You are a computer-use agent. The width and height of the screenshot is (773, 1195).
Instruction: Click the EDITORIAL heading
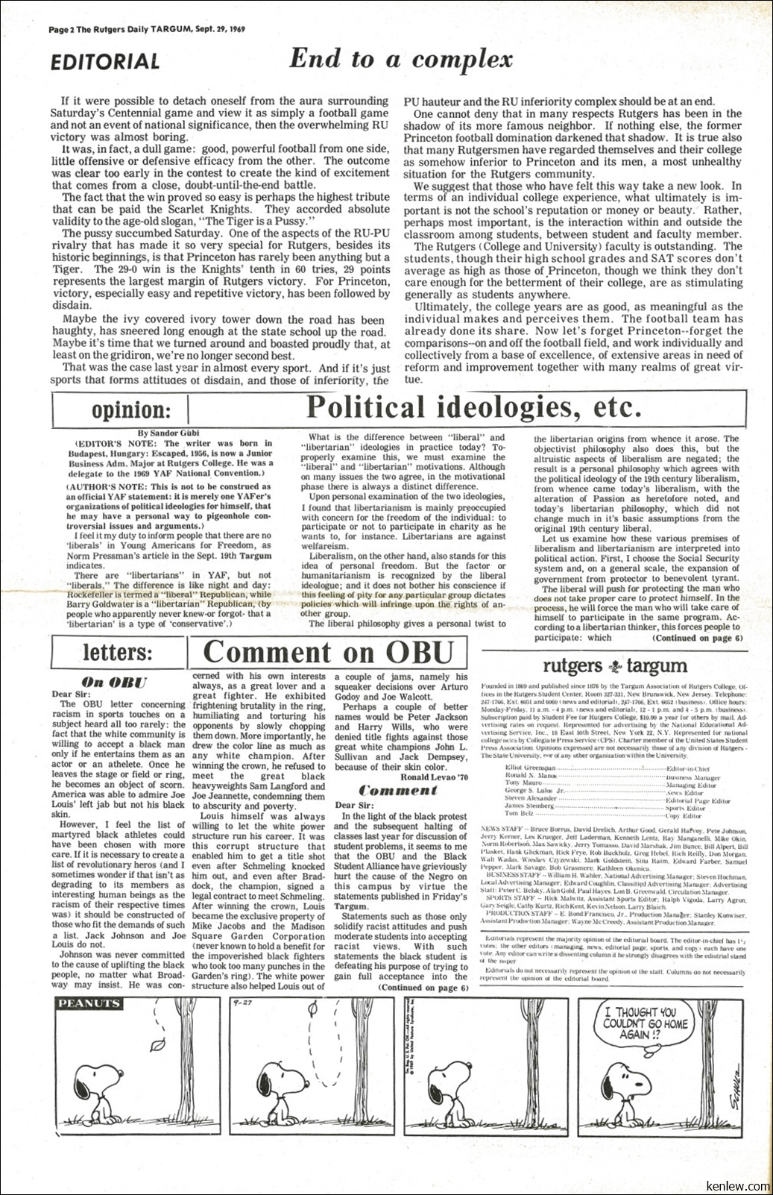(104, 62)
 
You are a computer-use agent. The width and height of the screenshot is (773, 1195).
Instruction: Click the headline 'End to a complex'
(401, 59)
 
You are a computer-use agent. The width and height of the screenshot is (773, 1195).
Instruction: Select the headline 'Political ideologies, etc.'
(473, 407)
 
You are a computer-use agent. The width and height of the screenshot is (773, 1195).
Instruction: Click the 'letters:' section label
(117, 652)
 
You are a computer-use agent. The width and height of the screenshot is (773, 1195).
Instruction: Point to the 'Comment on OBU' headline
(329, 652)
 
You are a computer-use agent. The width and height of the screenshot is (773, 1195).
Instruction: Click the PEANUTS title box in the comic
(89, 1003)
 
